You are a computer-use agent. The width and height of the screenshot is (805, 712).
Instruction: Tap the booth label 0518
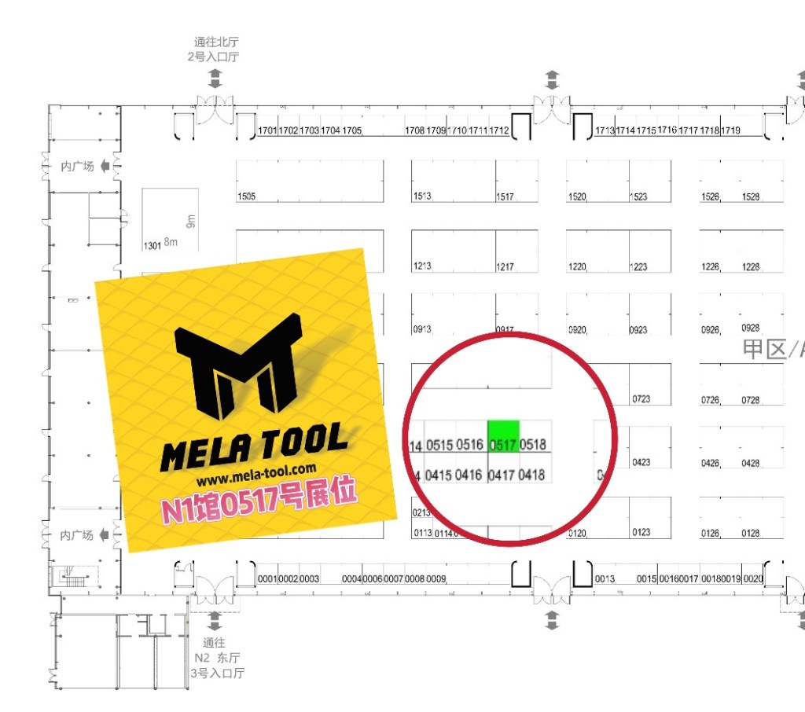533,446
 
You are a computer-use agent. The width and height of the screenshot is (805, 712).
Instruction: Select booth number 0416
469,475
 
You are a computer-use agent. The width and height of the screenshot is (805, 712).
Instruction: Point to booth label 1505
246,196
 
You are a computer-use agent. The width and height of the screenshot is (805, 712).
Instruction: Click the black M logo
239,365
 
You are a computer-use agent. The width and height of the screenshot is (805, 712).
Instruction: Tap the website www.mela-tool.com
256,475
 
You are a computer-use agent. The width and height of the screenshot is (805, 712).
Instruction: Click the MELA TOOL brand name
253,446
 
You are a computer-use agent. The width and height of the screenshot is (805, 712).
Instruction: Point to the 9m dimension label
189,221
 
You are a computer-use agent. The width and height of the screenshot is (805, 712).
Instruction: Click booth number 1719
730,130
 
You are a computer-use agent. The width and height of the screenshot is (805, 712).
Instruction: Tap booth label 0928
751,328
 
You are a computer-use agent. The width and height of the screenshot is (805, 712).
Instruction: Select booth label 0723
641,399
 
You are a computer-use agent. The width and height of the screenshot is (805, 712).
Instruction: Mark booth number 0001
268,579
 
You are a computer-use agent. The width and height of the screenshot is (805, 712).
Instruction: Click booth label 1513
422,196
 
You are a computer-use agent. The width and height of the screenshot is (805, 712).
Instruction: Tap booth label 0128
751,534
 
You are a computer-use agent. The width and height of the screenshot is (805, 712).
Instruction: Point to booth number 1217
505,267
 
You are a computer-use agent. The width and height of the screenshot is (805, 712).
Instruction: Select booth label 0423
641,463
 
